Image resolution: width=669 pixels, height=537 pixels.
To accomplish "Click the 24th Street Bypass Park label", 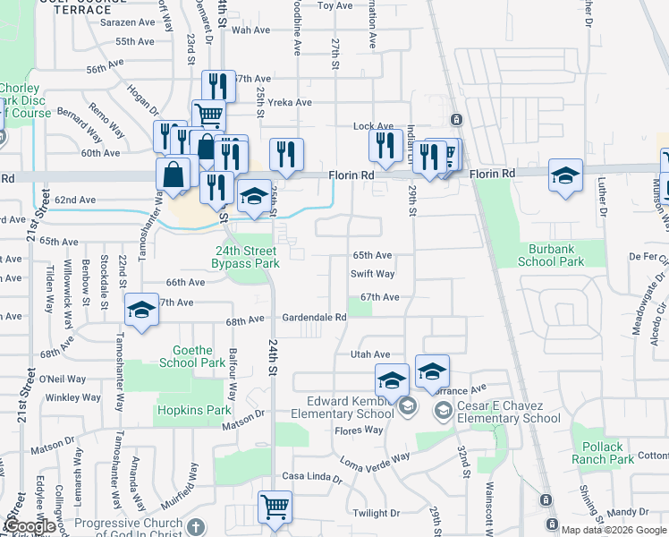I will (x=245, y=257).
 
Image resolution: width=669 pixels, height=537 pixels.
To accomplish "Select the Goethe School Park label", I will (x=192, y=356).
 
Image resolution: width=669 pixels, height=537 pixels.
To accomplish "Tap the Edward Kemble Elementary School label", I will (x=350, y=407).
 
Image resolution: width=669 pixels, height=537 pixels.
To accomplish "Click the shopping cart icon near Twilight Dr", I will (x=275, y=507).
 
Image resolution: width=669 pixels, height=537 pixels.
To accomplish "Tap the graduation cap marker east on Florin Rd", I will (x=565, y=175).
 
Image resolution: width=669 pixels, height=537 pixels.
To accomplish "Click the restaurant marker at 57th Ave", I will (x=218, y=86).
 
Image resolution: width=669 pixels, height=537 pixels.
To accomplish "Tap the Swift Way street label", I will (x=372, y=275).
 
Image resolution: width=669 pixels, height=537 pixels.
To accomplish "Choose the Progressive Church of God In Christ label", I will (x=140, y=523).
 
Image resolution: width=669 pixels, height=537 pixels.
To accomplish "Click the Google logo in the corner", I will (x=30, y=527).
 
